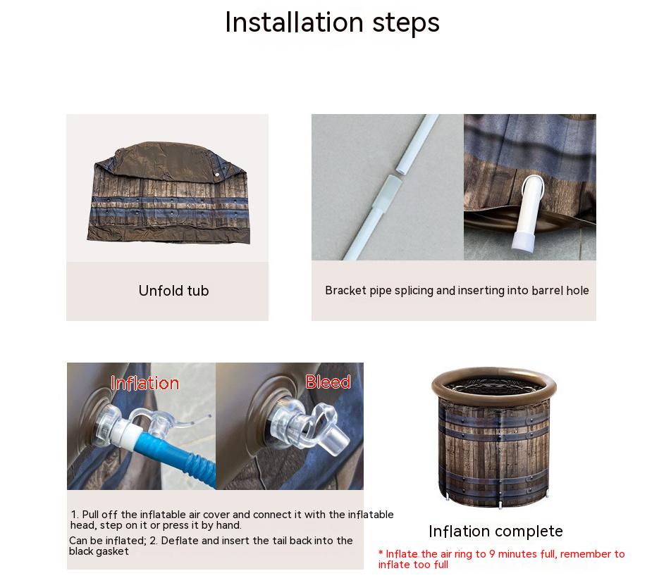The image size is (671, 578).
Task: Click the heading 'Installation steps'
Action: pyautogui.click(x=333, y=23)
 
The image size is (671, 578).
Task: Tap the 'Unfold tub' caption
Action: pyautogui.click(x=173, y=291)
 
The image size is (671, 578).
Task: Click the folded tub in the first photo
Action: pyautogui.click(x=168, y=193)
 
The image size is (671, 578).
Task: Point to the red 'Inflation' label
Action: pyautogui.click(x=144, y=383)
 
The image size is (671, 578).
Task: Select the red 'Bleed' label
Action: pyautogui.click(x=328, y=382)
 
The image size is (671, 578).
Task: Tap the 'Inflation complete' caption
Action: pyautogui.click(x=495, y=532)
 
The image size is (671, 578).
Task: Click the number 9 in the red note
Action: pyautogui.click(x=492, y=554)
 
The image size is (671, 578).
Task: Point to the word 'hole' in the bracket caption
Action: pyautogui.click(x=577, y=291)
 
